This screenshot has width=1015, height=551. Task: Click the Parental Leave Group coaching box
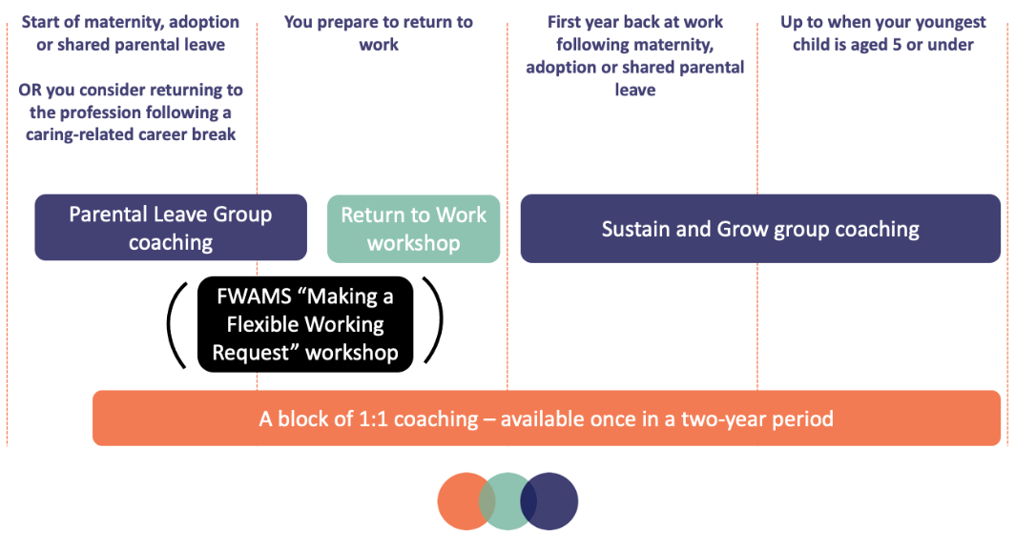[x=171, y=228]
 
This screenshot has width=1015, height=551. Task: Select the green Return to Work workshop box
[x=413, y=229]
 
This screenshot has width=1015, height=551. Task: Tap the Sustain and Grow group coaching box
[x=760, y=229]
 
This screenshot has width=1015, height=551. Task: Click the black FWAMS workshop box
[x=304, y=324]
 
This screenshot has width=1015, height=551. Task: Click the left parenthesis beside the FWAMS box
[x=177, y=325]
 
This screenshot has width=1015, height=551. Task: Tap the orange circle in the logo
[x=462, y=500]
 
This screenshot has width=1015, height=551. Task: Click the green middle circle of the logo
[x=507, y=500]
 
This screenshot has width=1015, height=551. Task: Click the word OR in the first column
[x=29, y=91]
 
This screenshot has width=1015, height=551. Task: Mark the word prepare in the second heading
[x=350, y=22]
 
